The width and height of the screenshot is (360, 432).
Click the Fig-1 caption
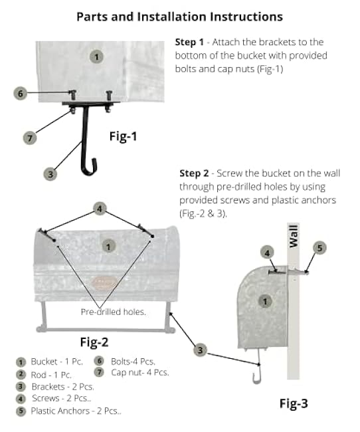(123, 136)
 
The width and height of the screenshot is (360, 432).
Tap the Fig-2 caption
(94, 342)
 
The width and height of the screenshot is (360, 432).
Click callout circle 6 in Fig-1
(21, 93)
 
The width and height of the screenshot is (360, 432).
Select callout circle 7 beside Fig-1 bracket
(29, 138)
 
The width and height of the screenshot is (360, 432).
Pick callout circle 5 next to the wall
(319, 248)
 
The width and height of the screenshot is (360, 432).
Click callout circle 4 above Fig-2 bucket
(99, 209)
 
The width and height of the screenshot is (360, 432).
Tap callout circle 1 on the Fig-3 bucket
(266, 301)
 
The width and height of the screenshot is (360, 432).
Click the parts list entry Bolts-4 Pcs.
(133, 362)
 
